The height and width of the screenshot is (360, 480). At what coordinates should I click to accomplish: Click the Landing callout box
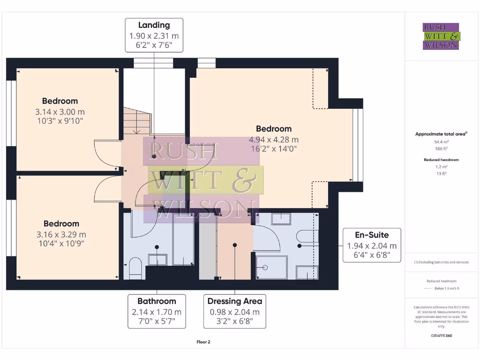tap(154, 35)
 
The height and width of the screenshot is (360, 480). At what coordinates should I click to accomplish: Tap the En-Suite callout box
tap(372, 245)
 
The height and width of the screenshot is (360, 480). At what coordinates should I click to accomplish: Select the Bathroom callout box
tap(157, 311)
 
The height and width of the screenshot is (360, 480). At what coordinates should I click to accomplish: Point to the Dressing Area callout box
tap(234, 311)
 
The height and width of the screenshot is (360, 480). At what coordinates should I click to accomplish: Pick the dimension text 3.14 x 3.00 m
tap(60, 112)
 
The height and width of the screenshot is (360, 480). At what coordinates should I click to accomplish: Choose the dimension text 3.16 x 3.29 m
tap(61, 234)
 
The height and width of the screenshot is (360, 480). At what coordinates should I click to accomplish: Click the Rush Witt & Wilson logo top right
tap(441, 37)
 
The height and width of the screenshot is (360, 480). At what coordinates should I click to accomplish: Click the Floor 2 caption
tap(203, 342)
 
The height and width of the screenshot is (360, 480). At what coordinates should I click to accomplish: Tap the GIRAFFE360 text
tap(441, 336)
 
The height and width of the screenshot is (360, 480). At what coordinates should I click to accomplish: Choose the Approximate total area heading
tap(440, 134)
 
